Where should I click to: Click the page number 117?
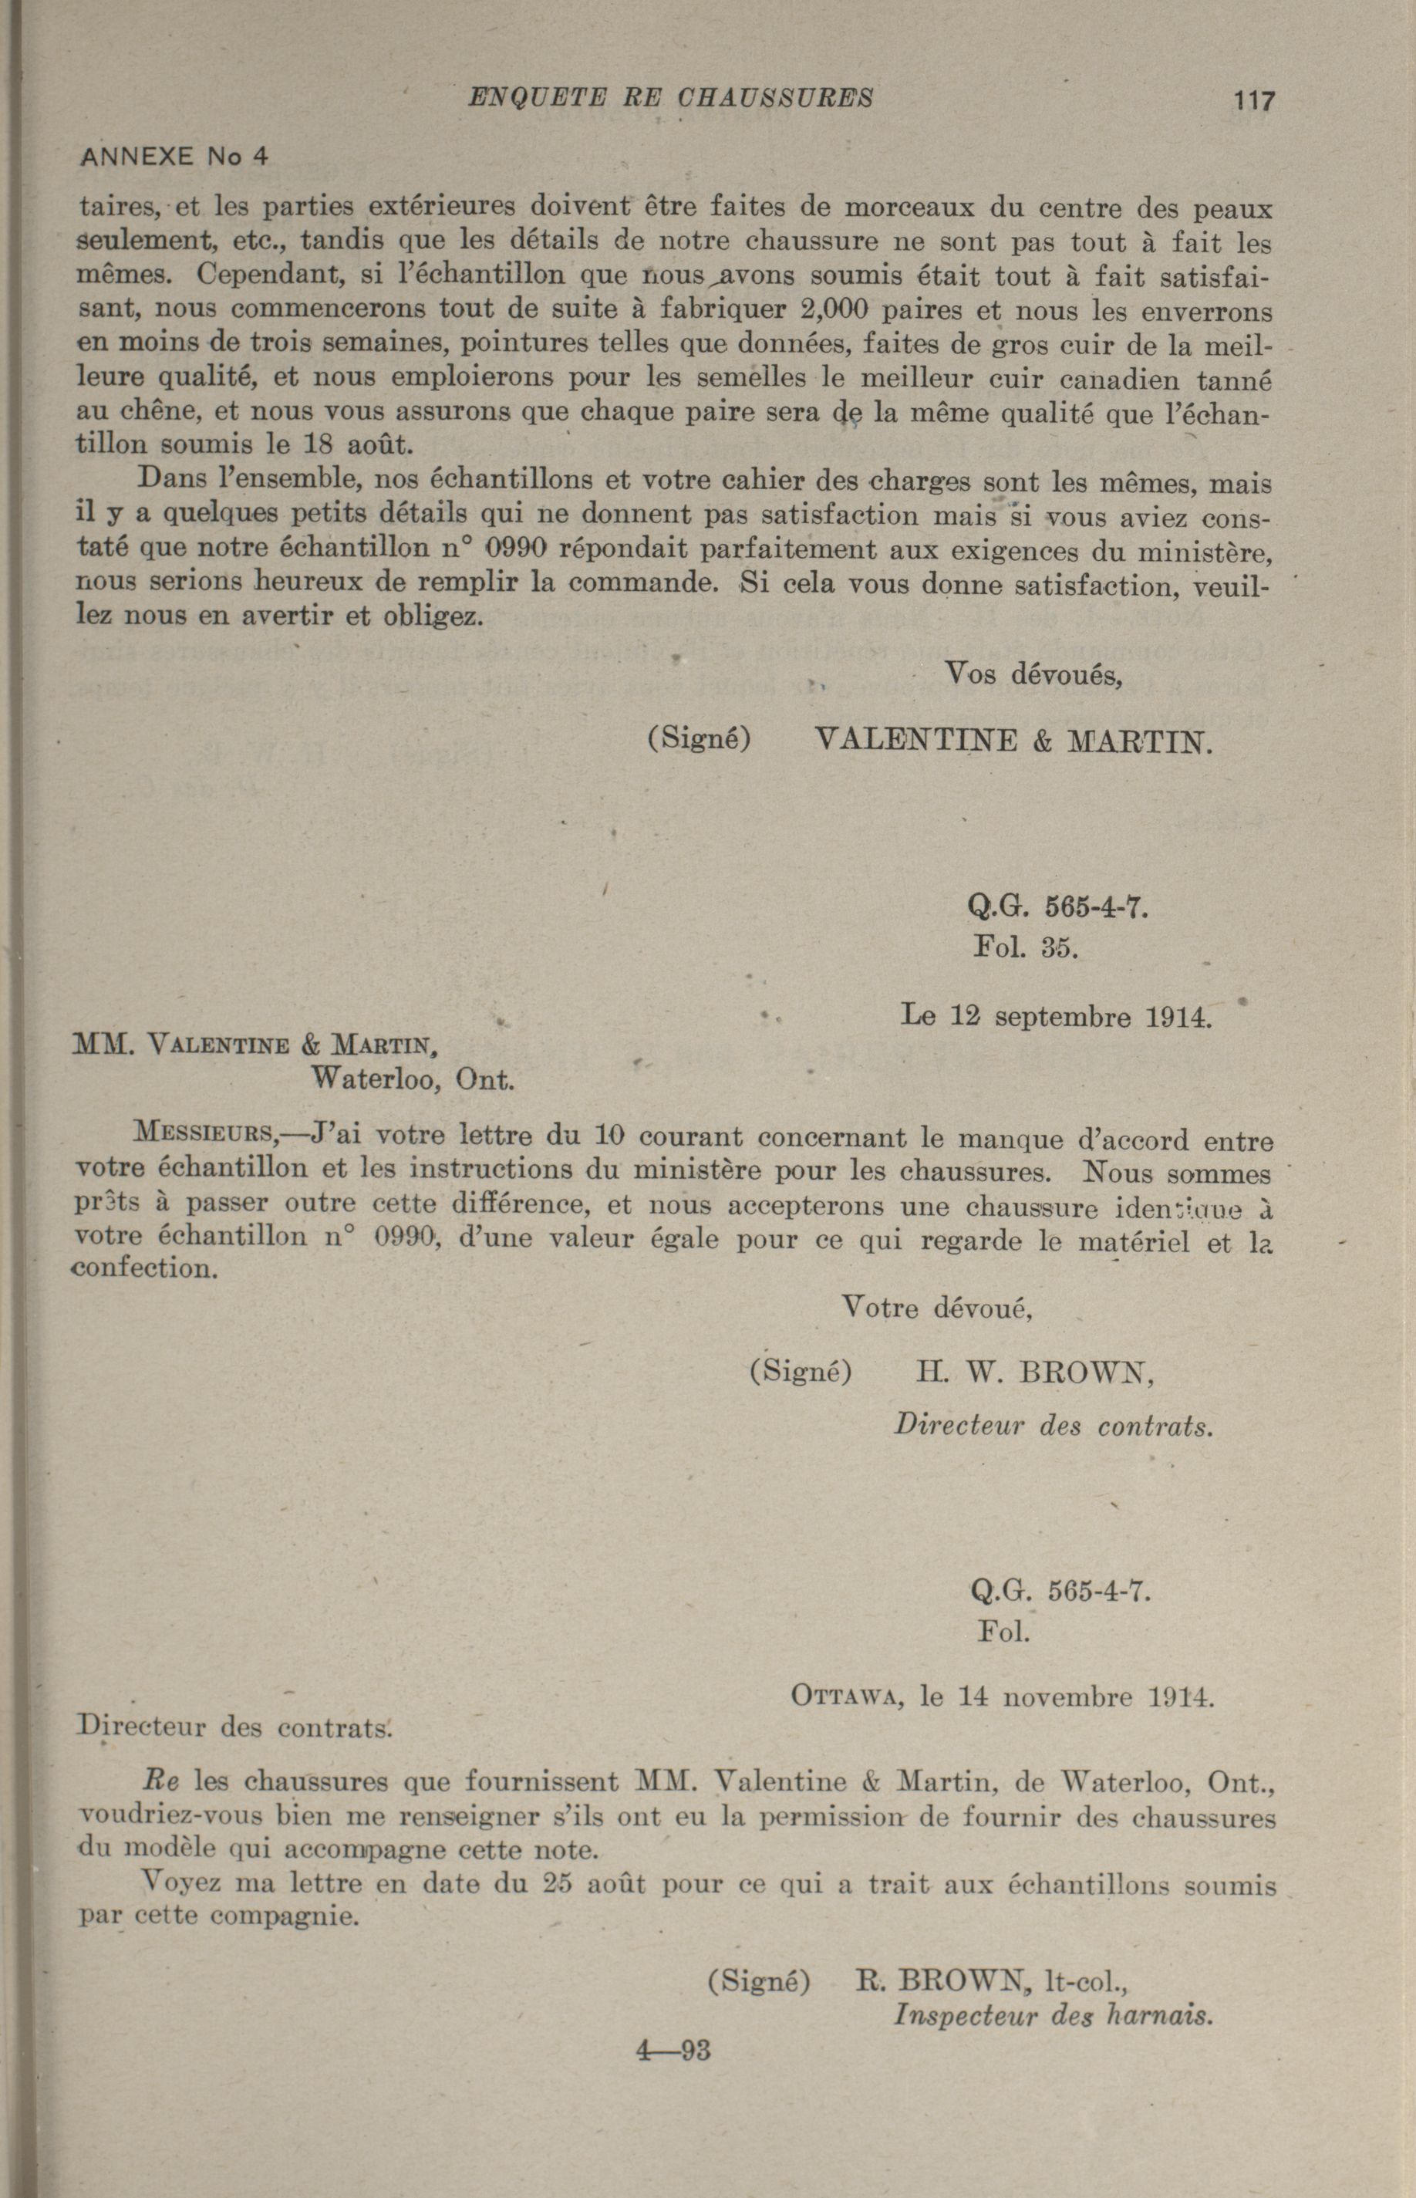(1254, 100)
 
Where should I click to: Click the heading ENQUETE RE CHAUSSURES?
(671, 96)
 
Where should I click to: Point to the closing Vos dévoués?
(1033, 675)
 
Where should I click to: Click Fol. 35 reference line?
(1025, 947)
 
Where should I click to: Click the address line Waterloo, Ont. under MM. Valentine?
(412, 1077)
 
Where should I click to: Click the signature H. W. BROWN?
(1034, 1373)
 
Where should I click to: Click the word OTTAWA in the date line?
(842, 1697)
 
